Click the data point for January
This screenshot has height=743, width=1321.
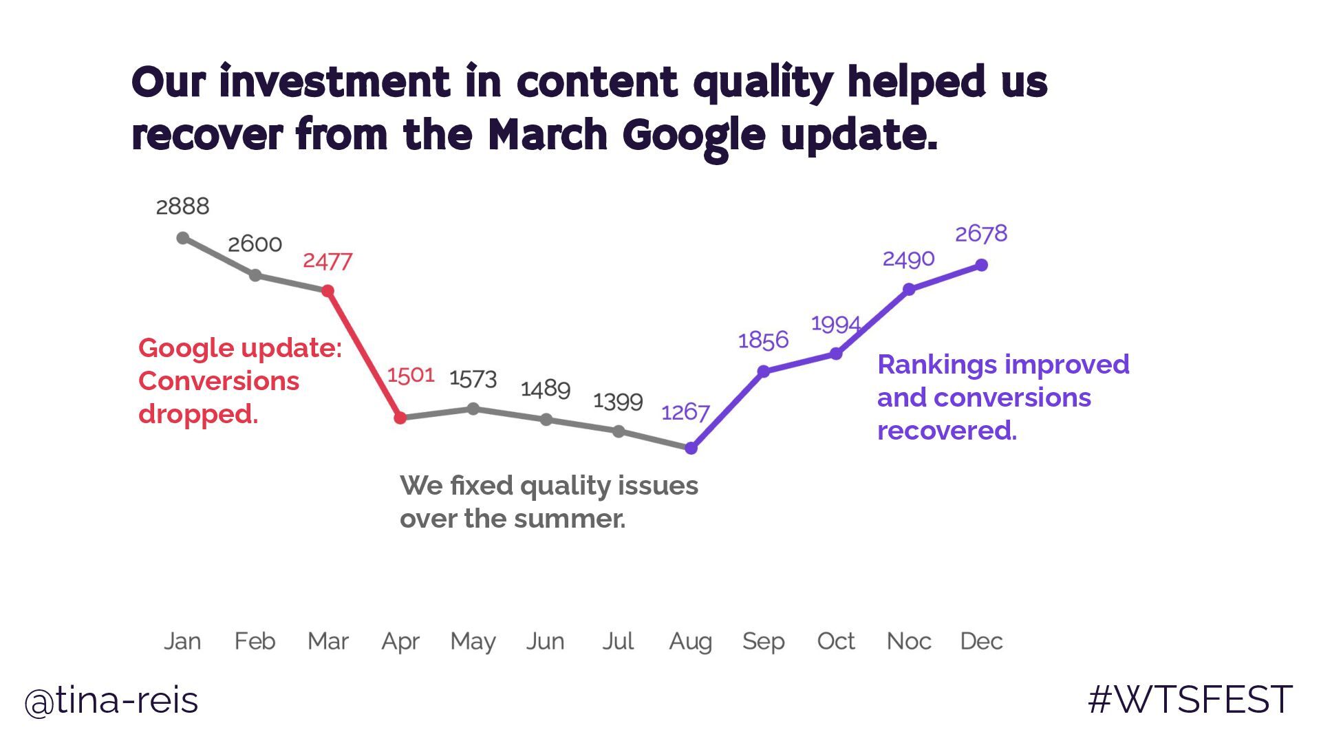[182, 238]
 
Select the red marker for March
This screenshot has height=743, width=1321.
[328, 292]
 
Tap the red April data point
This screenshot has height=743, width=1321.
[400, 418]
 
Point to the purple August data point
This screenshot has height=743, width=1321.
[691, 449]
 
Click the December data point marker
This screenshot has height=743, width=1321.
[982, 265]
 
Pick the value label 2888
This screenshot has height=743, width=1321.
[182, 206]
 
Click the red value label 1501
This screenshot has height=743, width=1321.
[411, 376]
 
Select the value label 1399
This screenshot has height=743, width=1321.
[618, 401]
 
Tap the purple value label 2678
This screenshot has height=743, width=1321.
[981, 234]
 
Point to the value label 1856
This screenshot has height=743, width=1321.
[763, 341]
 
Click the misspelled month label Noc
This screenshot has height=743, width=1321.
[909, 641]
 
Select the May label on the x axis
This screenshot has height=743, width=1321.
[473, 642]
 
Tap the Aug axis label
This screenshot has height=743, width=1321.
[691, 642]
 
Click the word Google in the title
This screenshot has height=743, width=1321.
[694, 136]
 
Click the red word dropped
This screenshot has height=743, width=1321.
[198, 415]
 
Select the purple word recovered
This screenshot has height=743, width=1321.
[947, 431]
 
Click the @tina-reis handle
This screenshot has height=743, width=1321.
[111, 701]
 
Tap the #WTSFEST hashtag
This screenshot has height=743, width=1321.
[1190, 700]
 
